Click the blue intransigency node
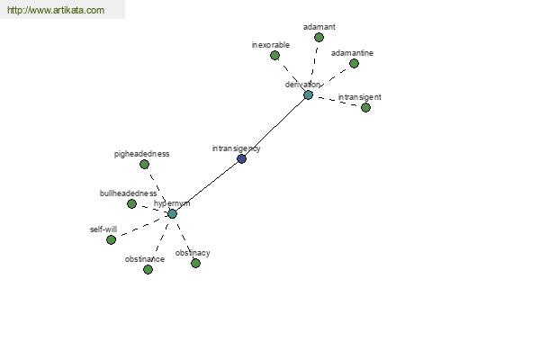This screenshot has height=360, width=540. (241, 158)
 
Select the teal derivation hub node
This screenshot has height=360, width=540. (308, 95)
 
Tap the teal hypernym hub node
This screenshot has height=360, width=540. (172, 214)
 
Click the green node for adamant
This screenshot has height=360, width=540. (319, 37)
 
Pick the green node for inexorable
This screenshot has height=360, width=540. (274, 55)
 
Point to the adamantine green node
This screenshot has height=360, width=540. (354, 63)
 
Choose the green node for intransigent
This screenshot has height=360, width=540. (365, 107)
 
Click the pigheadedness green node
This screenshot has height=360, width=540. (144, 165)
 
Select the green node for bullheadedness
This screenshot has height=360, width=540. (131, 204)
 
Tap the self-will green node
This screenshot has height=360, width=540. (111, 239)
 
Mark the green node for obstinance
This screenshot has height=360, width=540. (148, 269)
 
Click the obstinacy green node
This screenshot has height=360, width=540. (195, 263)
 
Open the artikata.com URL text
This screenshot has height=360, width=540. (56, 10)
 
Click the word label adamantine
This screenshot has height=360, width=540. (352, 53)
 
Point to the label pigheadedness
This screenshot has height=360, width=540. (141, 154)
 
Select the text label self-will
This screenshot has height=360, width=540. (103, 229)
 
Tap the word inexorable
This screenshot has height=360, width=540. (270, 45)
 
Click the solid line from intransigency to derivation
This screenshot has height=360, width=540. (274, 127)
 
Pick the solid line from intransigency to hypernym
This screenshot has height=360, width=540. (207, 186)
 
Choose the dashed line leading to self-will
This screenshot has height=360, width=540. (142, 227)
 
